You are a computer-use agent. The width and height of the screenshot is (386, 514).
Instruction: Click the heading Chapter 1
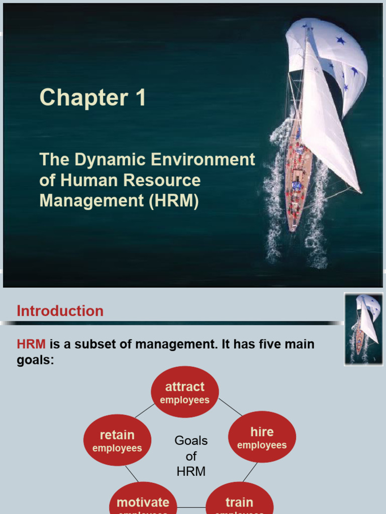click(x=92, y=97)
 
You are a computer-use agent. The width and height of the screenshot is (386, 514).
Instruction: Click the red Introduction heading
click(x=60, y=311)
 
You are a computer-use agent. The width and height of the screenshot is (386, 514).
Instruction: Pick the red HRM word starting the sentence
click(x=31, y=344)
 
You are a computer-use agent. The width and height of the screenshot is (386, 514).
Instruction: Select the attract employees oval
click(x=185, y=393)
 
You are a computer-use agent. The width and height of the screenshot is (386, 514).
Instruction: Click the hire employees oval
click(x=262, y=437)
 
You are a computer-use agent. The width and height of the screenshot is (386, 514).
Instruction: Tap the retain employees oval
click(x=117, y=440)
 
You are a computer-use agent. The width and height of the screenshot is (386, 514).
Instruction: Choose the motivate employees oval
click(x=143, y=502)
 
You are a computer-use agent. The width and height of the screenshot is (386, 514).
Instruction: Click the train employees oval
click(x=239, y=502)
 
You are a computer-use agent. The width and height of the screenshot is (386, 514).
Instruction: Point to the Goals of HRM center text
click(x=191, y=456)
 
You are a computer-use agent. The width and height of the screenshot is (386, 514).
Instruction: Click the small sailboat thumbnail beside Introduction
click(x=364, y=329)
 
